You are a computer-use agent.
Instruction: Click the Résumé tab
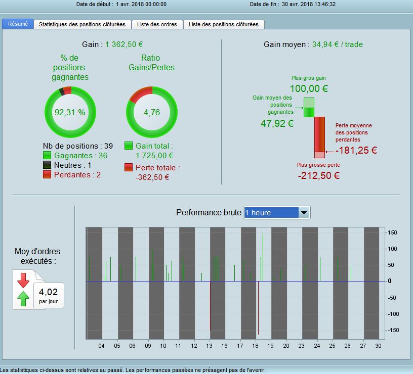[x=18, y=24]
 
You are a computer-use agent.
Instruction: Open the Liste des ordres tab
[x=157, y=24]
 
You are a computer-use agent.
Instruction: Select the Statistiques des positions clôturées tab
[x=82, y=24]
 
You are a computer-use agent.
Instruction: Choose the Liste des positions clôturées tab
[x=224, y=24]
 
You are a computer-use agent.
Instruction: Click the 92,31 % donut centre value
[x=70, y=112]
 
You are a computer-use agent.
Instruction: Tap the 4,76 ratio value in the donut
[x=151, y=112]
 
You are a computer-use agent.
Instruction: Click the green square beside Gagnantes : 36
[x=47, y=156]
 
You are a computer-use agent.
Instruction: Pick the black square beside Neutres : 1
[x=47, y=165]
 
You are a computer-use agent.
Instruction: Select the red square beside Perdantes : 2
[x=47, y=175]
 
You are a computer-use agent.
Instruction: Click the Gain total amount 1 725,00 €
[x=154, y=156]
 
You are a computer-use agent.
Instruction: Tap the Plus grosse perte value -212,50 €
[x=318, y=176]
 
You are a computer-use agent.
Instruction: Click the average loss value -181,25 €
[x=356, y=150]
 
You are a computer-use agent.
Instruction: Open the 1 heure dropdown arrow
[x=304, y=213]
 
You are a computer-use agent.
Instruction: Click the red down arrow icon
[x=23, y=279]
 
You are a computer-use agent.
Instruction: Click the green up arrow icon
[x=23, y=298]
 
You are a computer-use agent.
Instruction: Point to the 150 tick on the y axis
[x=392, y=232]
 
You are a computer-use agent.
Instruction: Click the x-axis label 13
[x=209, y=346]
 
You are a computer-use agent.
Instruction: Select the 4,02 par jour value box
[x=49, y=295]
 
